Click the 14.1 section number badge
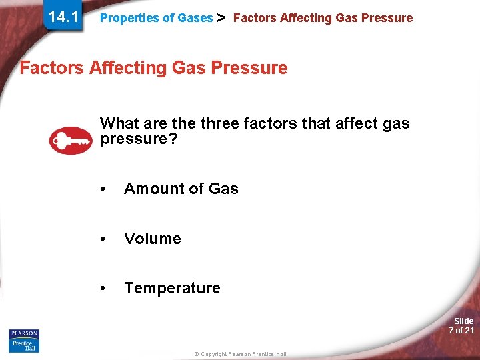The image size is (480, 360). point(63,17)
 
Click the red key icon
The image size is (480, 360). point(71,140)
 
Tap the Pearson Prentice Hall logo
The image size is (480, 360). point(24,340)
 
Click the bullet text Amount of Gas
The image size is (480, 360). point(181,189)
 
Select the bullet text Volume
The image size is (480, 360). point(153,239)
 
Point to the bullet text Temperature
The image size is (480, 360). point(172,288)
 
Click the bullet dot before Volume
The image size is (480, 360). point(102,239)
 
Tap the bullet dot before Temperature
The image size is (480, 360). point(102,289)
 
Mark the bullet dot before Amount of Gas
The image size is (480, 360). point(102,189)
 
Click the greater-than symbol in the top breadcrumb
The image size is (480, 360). point(223,18)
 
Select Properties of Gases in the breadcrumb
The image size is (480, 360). point(156,18)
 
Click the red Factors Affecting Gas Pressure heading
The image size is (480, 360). point(154,67)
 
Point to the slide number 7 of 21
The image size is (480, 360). point(461,331)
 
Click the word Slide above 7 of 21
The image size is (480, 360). point(463,321)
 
